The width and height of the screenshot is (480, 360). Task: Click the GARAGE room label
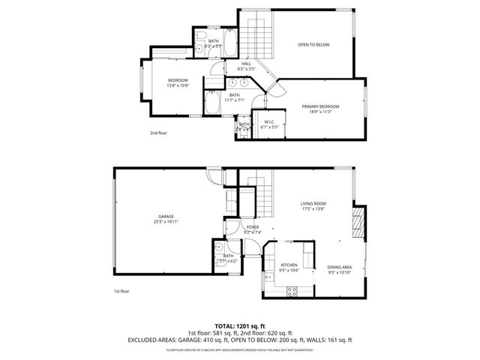tap(166, 217)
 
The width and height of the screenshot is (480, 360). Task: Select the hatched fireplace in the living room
tap(358, 224)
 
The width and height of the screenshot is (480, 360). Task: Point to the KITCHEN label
tap(289, 265)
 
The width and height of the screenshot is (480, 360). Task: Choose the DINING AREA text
tap(340, 267)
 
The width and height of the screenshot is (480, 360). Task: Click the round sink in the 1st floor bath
tap(217, 248)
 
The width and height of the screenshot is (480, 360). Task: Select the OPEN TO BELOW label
tap(313, 44)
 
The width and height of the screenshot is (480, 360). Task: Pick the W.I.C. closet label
tap(269, 121)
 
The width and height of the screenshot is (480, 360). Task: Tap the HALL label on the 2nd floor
tap(246, 64)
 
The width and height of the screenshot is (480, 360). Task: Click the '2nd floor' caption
tap(158, 132)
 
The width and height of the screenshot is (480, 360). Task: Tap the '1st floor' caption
tap(122, 291)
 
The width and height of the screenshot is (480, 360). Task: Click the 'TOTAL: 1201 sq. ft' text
tap(240, 325)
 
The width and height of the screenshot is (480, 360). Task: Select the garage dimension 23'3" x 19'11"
tap(166, 222)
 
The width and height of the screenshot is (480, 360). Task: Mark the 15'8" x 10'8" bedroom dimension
tap(178, 85)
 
